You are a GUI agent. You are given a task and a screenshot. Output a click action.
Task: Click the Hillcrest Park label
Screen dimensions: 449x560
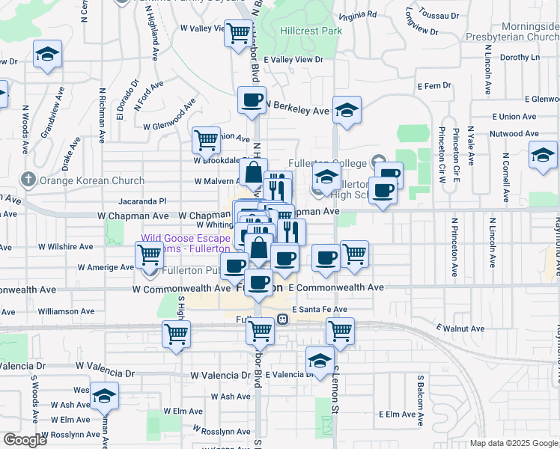(x=311, y=31)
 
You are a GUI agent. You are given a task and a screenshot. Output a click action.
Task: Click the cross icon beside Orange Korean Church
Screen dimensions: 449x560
(x=28, y=180)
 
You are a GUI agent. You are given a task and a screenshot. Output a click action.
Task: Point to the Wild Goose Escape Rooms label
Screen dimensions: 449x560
(x=186, y=244)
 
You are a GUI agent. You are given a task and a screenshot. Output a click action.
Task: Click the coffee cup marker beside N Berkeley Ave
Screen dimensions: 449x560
(x=252, y=100)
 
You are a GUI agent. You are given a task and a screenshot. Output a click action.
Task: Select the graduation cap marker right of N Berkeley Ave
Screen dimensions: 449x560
(x=347, y=110)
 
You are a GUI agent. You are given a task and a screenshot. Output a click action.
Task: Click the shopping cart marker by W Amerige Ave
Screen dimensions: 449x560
(x=149, y=255)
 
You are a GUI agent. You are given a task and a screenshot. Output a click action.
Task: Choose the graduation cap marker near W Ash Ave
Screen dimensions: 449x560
(x=104, y=394)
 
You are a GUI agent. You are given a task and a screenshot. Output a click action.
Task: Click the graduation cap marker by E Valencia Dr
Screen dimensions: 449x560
(x=320, y=360)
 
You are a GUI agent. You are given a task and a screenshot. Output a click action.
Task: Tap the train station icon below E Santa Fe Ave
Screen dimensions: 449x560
(x=283, y=318)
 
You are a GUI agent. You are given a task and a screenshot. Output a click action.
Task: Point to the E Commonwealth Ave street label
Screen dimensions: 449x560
(x=335, y=287)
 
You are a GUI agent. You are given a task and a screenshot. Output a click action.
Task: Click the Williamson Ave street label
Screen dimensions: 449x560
(x=67, y=311)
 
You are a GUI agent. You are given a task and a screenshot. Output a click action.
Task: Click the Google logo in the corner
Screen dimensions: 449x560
(x=25, y=440)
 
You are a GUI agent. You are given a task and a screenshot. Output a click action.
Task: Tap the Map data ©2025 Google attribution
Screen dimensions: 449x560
(x=513, y=443)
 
